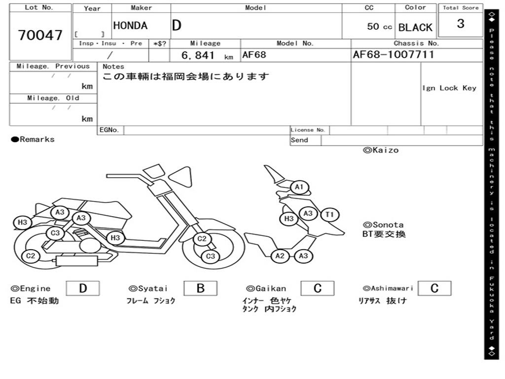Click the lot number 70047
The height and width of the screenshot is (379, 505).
(x=40, y=36)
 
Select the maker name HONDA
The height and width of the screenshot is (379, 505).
(x=130, y=26)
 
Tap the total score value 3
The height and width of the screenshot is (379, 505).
(x=460, y=24)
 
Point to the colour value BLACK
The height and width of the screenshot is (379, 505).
(x=415, y=27)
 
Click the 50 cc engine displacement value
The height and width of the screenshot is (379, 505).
(x=379, y=27)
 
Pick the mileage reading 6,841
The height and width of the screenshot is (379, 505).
(x=198, y=55)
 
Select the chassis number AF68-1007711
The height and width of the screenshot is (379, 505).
(x=394, y=55)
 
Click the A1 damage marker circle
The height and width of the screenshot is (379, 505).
(x=299, y=188)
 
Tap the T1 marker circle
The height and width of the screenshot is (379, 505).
(x=330, y=214)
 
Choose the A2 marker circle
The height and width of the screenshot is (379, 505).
(x=280, y=256)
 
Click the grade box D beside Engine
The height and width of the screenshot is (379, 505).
(x=82, y=288)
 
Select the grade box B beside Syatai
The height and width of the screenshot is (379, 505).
(x=200, y=288)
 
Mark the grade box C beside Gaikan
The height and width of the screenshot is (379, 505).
(x=317, y=288)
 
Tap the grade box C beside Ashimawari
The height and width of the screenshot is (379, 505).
(x=434, y=288)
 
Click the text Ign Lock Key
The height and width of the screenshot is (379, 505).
(x=449, y=88)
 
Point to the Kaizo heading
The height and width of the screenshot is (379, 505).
(x=381, y=150)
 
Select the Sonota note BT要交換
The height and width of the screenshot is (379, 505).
(x=384, y=234)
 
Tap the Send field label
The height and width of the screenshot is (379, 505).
(x=299, y=140)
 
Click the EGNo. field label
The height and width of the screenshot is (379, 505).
(x=109, y=130)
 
